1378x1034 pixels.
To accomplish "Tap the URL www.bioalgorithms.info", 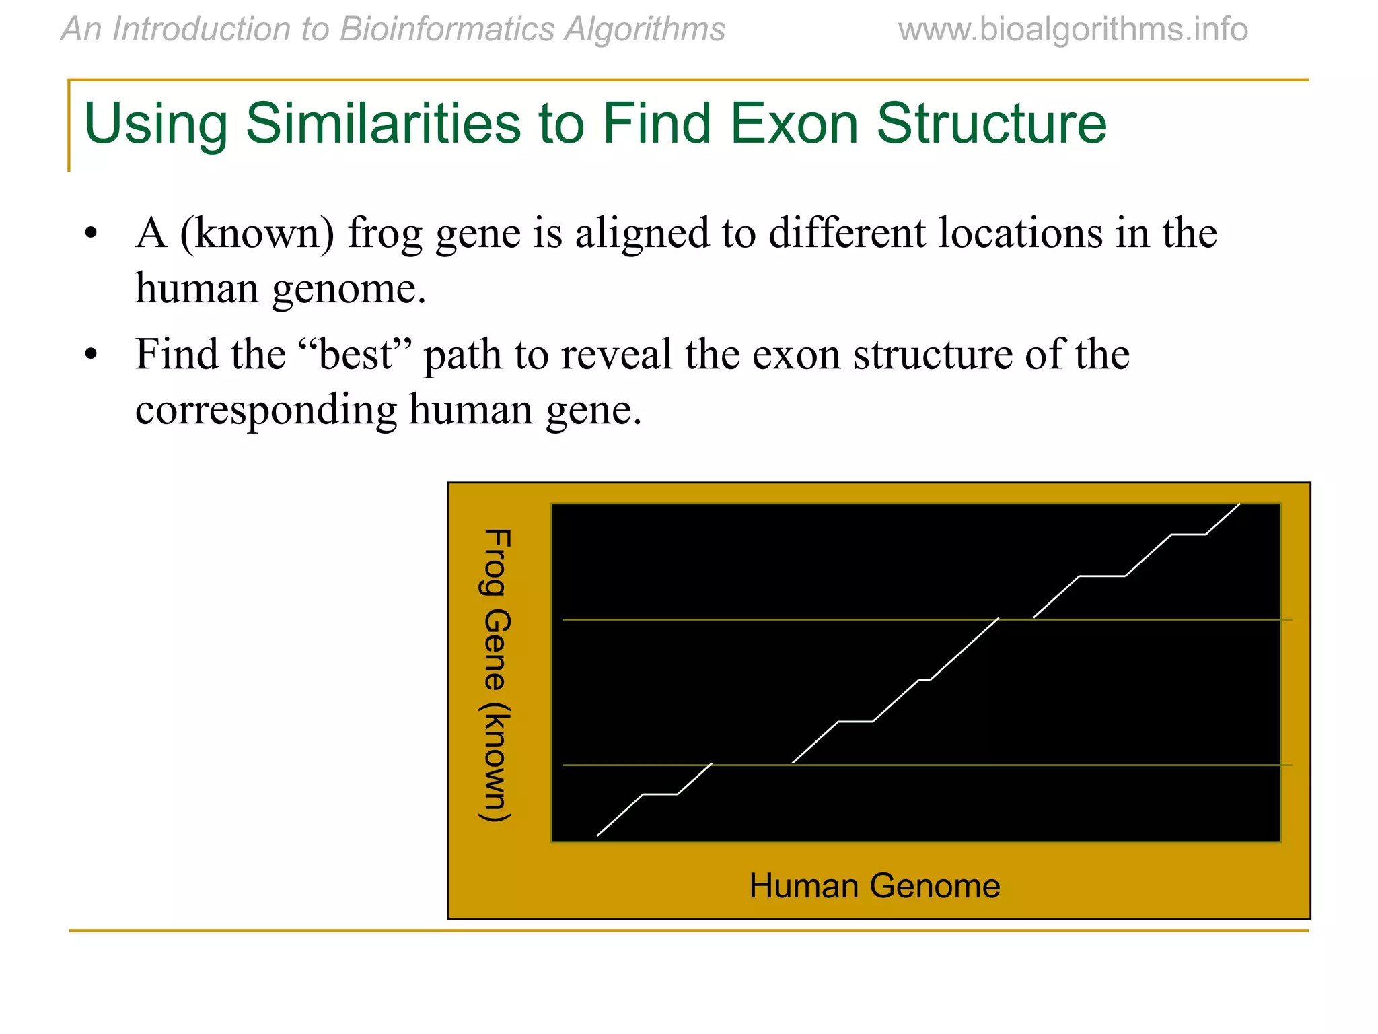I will (x=1073, y=30).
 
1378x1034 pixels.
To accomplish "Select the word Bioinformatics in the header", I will (x=447, y=30).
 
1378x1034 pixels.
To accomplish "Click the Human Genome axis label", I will (x=874, y=885).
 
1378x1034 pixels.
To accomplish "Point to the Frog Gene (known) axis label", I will (x=497, y=675).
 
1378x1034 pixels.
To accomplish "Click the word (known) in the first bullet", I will (x=257, y=234).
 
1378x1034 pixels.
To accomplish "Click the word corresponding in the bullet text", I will (x=266, y=410).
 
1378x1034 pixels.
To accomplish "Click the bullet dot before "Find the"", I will (x=92, y=355).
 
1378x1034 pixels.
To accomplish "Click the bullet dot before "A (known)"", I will (x=92, y=234).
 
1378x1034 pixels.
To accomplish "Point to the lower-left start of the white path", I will (x=598, y=835).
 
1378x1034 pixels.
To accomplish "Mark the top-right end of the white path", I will (x=1239, y=504).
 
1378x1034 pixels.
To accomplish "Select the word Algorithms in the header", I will (x=645, y=30).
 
